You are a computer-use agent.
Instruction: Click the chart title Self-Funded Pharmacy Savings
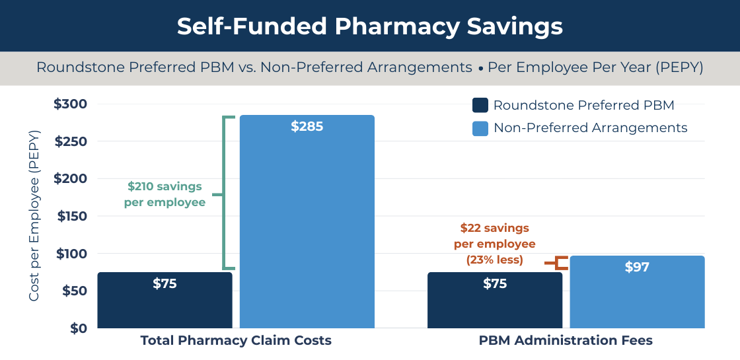[369, 26]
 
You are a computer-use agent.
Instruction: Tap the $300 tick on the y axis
[70, 104]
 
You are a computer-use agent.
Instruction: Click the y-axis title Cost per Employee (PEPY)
[34, 215]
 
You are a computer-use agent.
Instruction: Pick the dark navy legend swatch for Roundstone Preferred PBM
[480, 106]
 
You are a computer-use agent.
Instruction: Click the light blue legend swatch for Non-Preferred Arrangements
[480, 128]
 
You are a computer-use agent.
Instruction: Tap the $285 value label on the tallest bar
[307, 126]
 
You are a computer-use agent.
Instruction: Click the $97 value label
[637, 267]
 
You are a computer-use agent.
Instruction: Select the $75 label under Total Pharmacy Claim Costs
[165, 283]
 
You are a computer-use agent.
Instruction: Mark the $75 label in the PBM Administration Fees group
[495, 283]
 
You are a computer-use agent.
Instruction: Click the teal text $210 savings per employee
[165, 194]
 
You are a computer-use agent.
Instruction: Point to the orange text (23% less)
[494, 260]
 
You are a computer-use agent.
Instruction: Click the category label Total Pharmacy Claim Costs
[236, 341]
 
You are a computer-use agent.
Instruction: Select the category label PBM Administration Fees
[566, 341]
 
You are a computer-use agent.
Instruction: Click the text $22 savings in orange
[494, 228]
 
